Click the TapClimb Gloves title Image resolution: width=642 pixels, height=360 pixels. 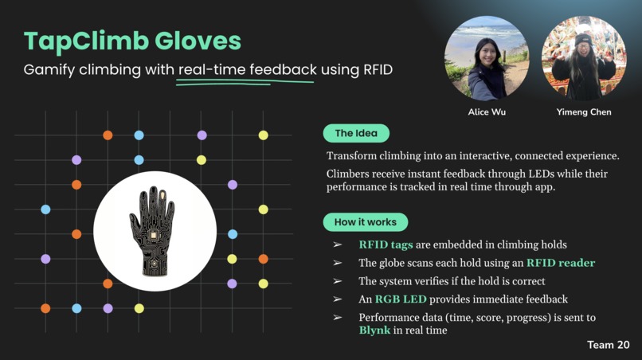point(132,41)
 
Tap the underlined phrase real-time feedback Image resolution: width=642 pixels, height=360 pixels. point(248,70)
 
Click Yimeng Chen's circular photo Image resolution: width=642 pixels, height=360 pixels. point(583,58)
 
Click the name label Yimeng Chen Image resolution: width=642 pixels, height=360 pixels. point(584,112)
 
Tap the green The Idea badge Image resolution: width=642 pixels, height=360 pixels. point(355,133)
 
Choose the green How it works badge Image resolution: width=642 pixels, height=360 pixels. point(365,221)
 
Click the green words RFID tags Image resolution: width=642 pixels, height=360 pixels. point(387,245)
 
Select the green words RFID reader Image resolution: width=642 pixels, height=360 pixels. point(561,263)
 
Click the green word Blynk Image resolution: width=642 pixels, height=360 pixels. point(374,330)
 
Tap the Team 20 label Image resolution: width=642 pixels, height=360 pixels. point(609,345)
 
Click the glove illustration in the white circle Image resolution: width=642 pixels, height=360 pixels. point(155,231)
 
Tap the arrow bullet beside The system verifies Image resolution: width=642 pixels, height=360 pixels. point(338,281)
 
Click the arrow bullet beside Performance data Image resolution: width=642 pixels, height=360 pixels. point(338,318)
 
